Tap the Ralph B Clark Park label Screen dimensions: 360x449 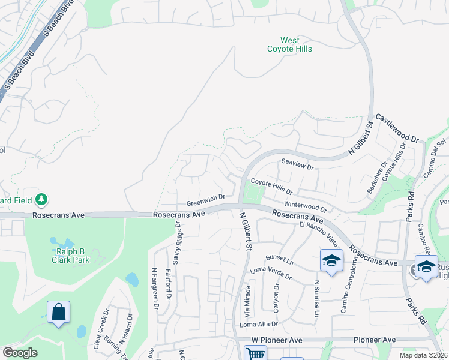click(70, 256)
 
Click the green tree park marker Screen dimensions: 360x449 click(42, 199)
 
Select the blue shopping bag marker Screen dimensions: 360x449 click(58, 313)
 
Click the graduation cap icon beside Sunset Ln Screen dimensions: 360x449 click(331, 260)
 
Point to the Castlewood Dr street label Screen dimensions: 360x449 click(397, 128)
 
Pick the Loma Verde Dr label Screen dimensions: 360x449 click(271, 274)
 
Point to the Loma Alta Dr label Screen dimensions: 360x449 click(259, 324)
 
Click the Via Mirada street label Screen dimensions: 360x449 click(247, 302)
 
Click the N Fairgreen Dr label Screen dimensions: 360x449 click(155, 288)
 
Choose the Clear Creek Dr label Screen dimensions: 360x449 click(97, 329)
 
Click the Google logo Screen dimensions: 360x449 click(20, 353)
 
